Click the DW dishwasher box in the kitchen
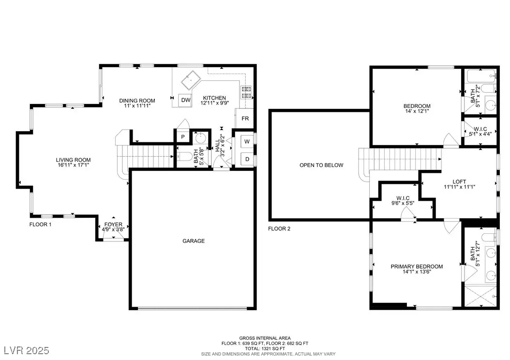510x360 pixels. click(186, 100)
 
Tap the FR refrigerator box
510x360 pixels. click(245, 119)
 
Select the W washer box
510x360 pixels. click(247, 141)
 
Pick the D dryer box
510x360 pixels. click(247, 159)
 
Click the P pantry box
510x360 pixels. click(183, 137)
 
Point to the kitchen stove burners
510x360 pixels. click(246, 92)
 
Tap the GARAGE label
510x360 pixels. click(194, 241)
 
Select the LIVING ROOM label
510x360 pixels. click(73, 160)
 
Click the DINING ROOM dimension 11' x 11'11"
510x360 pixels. click(137, 105)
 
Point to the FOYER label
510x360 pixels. click(113, 225)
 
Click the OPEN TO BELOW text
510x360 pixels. click(321, 165)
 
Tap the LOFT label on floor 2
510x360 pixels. click(459, 182)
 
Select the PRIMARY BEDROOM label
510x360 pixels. click(417, 267)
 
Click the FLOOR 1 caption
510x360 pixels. click(40, 225)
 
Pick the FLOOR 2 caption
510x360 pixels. click(279, 228)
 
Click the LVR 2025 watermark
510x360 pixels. click(27, 350)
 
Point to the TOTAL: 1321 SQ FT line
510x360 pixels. click(265, 348)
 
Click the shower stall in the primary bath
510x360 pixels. click(481, 296)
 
